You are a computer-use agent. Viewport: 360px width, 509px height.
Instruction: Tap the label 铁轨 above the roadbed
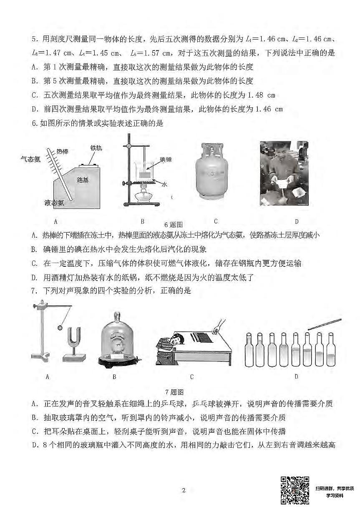pyautogui.click(x=96, y=148)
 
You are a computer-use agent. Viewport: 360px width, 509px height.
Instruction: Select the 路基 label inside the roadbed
pyautogui.click(x=83, y=180)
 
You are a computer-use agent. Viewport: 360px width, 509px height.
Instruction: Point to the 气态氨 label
pyautogui.click(x=31, y=159)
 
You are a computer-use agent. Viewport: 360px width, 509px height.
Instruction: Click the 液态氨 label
pyautogui.click(x=54, y=203)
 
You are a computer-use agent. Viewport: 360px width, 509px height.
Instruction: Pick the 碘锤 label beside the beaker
pyautogui.click(x=165, y=159)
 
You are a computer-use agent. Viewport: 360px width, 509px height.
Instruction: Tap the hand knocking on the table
pyautogui.click(x=216, y=330)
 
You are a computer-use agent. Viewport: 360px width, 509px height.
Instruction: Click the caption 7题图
pyautogui.click(x=174, y=392)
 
